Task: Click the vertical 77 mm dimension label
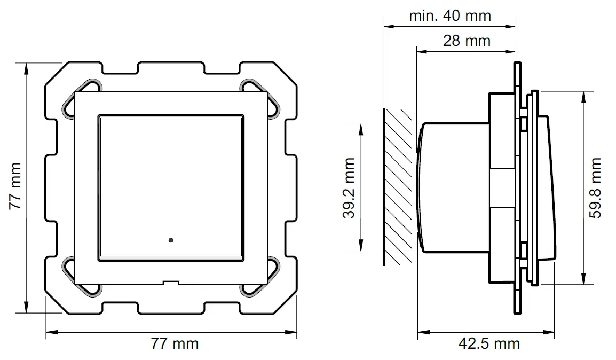click(15, 186)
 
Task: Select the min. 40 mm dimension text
click(449, 15)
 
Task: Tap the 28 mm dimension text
click(466, 40)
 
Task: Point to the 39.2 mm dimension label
click(349, 188)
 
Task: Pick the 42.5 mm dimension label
click(488, 343)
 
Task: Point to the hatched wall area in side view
click(399, 187)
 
